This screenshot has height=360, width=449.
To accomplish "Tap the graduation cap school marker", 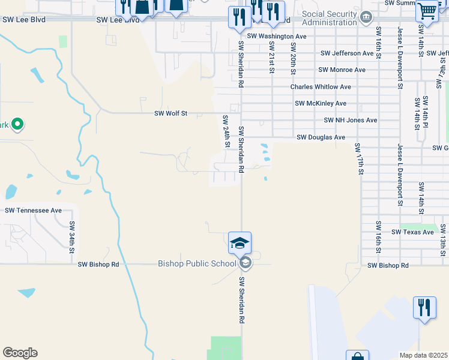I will pos(240,243).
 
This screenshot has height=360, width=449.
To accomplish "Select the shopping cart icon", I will pos(427,10).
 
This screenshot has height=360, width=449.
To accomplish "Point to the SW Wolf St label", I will pos(171,113).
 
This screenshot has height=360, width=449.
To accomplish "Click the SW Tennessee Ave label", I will pos(34,211).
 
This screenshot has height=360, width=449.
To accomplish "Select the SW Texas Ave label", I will pos(412,232).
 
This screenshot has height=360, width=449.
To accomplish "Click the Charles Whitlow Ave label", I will pos(321,87).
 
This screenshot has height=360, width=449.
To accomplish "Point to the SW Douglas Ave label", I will pos(321,137).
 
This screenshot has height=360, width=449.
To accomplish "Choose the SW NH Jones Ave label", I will pos(351,121).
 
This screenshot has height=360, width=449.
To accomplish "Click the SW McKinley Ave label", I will pos(321,104).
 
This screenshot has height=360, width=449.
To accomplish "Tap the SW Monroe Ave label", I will pos(342,70).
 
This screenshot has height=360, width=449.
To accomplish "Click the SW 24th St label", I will pos(227,131).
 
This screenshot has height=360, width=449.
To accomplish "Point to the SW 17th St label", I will pos(359,158).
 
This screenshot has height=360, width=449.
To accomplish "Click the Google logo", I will pos(20,353).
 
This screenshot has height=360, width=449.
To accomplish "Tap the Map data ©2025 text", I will pos(423,355).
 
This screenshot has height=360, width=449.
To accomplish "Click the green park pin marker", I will pos(17,125).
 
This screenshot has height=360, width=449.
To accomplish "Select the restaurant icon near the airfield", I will pos(424,308).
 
